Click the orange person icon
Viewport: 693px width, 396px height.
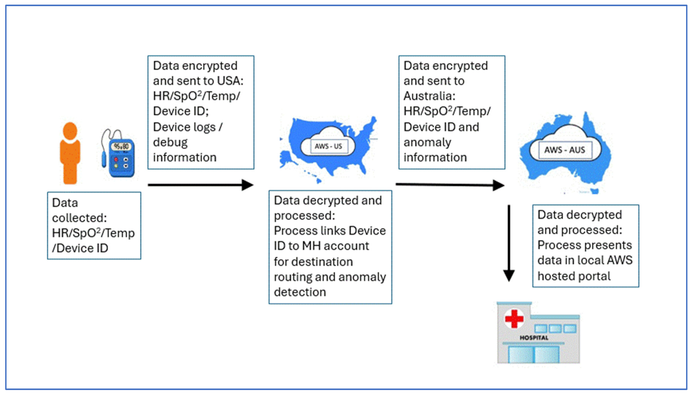pyautogui.click(x=70, y=153)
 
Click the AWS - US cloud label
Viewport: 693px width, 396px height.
pyautogui.click(x=328, y=146)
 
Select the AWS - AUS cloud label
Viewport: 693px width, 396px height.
pyautogui.click(x=564, y=150)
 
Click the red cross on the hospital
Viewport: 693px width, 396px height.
pyautogui.click(x=514, y=319)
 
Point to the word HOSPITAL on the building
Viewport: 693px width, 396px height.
pyautogui.click(x=534, y=338)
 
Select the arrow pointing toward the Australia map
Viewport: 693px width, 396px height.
pyautogui.click(x=450, y=185)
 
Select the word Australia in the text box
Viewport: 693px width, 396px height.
pyautogui.click(x=429, y=96)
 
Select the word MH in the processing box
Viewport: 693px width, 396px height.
pyautogui.click(x=311, y=246)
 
